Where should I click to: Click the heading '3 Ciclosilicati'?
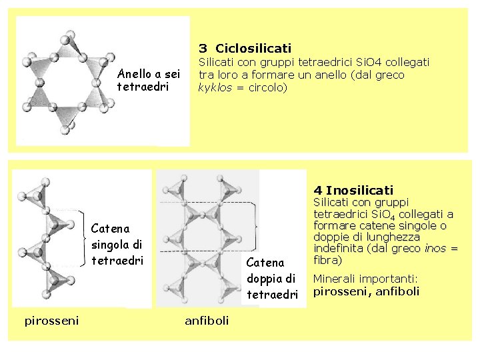pyautogui.click(x=245, y=48)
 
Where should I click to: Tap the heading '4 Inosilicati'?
pyautogui.click(x=353, y=190)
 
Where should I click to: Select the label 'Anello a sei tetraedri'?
pyautogui.click(x=149, y=80)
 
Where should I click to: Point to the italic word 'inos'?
pyautogui.click(x=436, y=248)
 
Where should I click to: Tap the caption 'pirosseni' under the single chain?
pyautogui.click(x=51, y=321)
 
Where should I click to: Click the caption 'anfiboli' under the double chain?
pyautogui.click(x=207, y=321)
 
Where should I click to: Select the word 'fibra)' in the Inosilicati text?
pyautogui.click(x=327, y=259)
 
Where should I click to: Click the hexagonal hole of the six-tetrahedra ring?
pyautogui.click(x=65, y=79)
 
